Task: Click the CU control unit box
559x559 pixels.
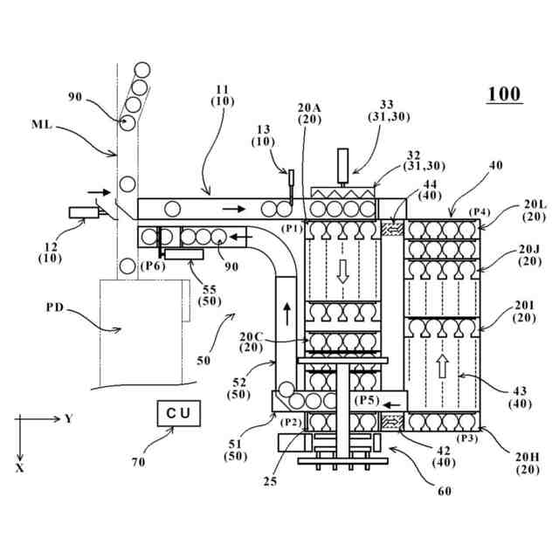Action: [x=178, y=413]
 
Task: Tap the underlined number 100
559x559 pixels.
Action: [x=504, y=94]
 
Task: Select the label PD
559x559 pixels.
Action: [x=54, y=307]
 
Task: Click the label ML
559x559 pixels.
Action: [x=42, y=125]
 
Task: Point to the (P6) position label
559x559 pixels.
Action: [x=153, y=266]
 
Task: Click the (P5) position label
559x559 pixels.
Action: [x=367, y=400]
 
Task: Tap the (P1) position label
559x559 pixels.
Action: [x=292, y=228]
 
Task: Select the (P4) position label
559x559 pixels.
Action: [x=480, y=212]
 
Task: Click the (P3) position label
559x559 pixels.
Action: [x=467, y=438]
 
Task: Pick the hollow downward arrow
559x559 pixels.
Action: [x=342, y=272]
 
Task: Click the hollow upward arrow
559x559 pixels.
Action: [x=442, y=366]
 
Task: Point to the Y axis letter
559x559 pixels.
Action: [x=68, y=418]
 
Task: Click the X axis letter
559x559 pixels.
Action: [x=20, y=468]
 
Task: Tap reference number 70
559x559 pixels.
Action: [x=138, y=462]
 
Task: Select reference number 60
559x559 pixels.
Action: [x=445, y=491]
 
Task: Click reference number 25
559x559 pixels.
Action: [x=270, y=481]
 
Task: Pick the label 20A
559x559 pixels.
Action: [x=309, y=107]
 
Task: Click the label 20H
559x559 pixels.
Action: [x=528, y=457]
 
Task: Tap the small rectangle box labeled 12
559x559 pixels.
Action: [x=84, y=212]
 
